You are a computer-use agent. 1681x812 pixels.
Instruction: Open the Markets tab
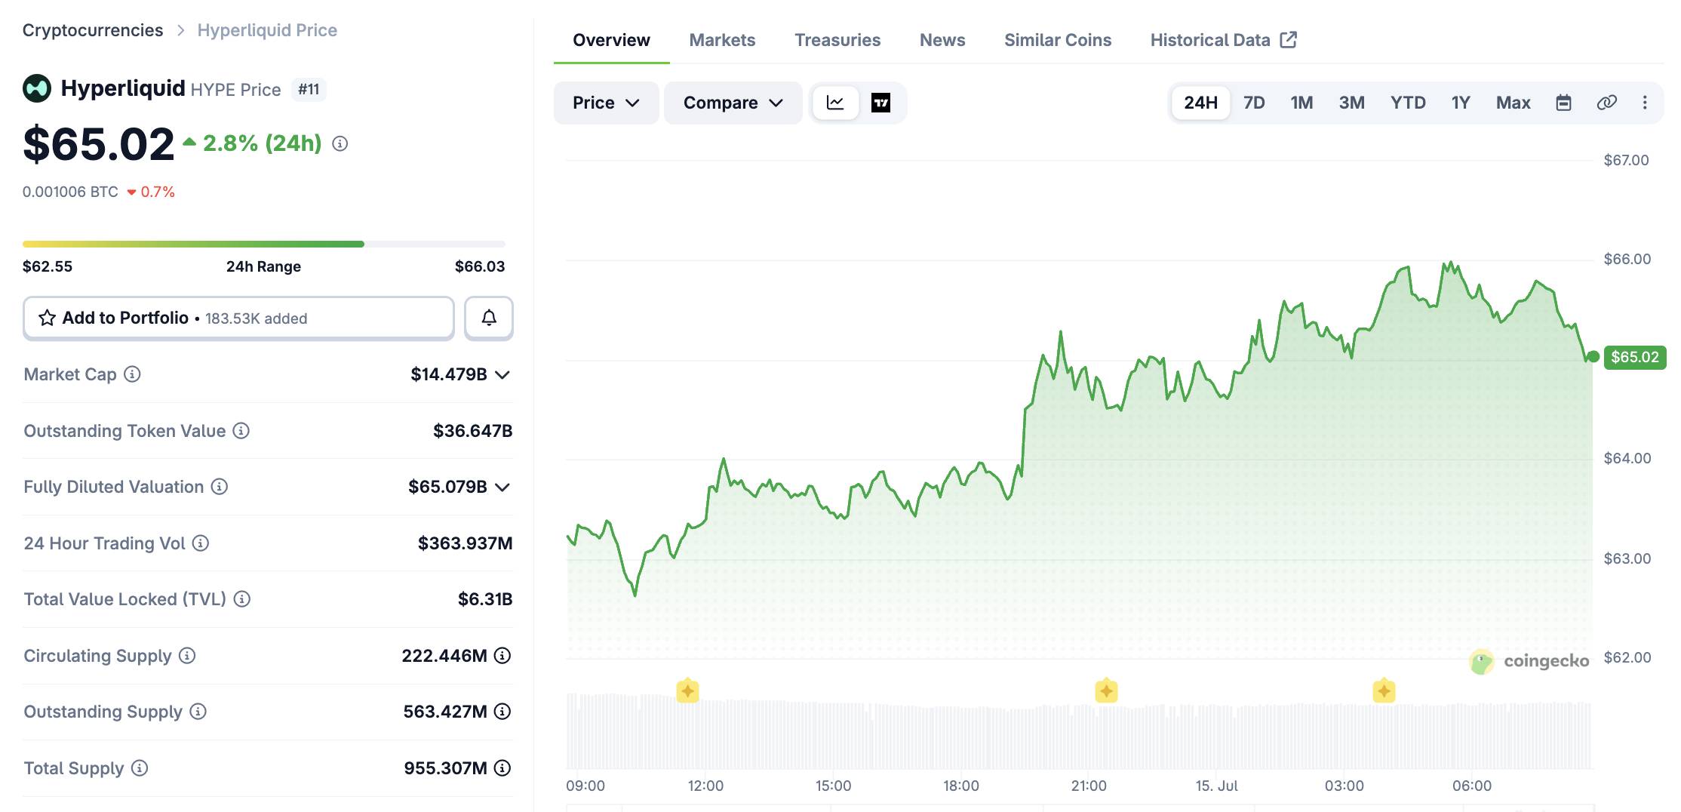722,40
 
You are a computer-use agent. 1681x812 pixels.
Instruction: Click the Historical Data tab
1223,40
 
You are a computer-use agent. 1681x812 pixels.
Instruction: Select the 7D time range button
1254,103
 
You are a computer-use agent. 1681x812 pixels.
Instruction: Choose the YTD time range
1408,103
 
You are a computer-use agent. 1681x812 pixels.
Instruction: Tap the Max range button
1513,103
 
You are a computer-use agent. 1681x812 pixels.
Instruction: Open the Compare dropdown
733,103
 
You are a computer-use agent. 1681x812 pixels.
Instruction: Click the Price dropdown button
606,103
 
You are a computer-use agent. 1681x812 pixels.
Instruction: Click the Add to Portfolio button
238,318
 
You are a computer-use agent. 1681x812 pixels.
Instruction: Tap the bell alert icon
489,318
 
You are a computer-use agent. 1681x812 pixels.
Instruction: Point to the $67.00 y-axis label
1626,160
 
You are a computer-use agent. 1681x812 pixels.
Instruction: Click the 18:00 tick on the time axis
960,786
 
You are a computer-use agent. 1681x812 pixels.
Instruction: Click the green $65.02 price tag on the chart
1634,357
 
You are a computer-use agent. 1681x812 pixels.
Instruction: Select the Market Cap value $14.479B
449,374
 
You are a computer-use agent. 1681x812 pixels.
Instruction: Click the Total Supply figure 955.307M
445,768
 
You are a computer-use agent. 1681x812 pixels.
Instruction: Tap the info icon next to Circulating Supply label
187,656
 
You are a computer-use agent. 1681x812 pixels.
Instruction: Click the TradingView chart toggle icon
880,103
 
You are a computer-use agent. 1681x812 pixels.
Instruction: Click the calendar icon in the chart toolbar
1563,103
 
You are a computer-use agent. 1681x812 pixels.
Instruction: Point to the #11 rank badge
309,89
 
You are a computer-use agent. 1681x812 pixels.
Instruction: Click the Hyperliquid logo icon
37,88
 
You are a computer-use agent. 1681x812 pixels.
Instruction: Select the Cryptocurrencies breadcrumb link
93,30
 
